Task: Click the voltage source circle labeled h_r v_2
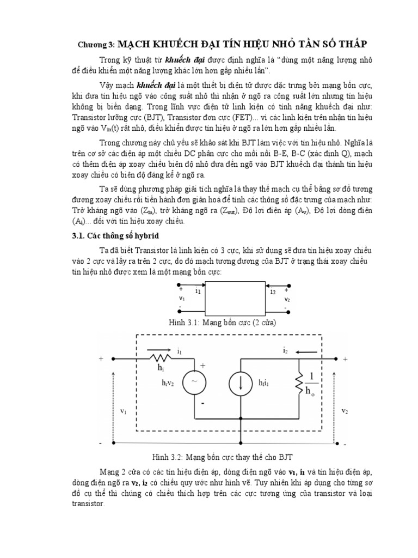(193, 384)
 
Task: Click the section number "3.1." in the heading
(72, 235)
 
